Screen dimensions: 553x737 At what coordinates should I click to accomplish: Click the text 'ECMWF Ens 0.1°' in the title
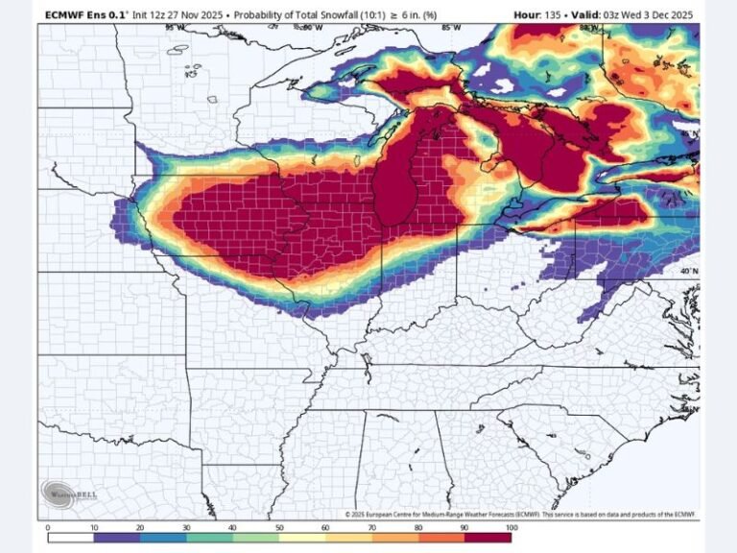coord(84,15)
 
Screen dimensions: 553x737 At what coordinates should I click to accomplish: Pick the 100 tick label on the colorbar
coord(511,528)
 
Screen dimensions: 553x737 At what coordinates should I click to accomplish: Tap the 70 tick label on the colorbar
coord(372,528)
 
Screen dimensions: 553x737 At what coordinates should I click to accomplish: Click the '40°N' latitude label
coord(689,272)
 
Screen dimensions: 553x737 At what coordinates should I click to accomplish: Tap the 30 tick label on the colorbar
coord(187,528)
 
